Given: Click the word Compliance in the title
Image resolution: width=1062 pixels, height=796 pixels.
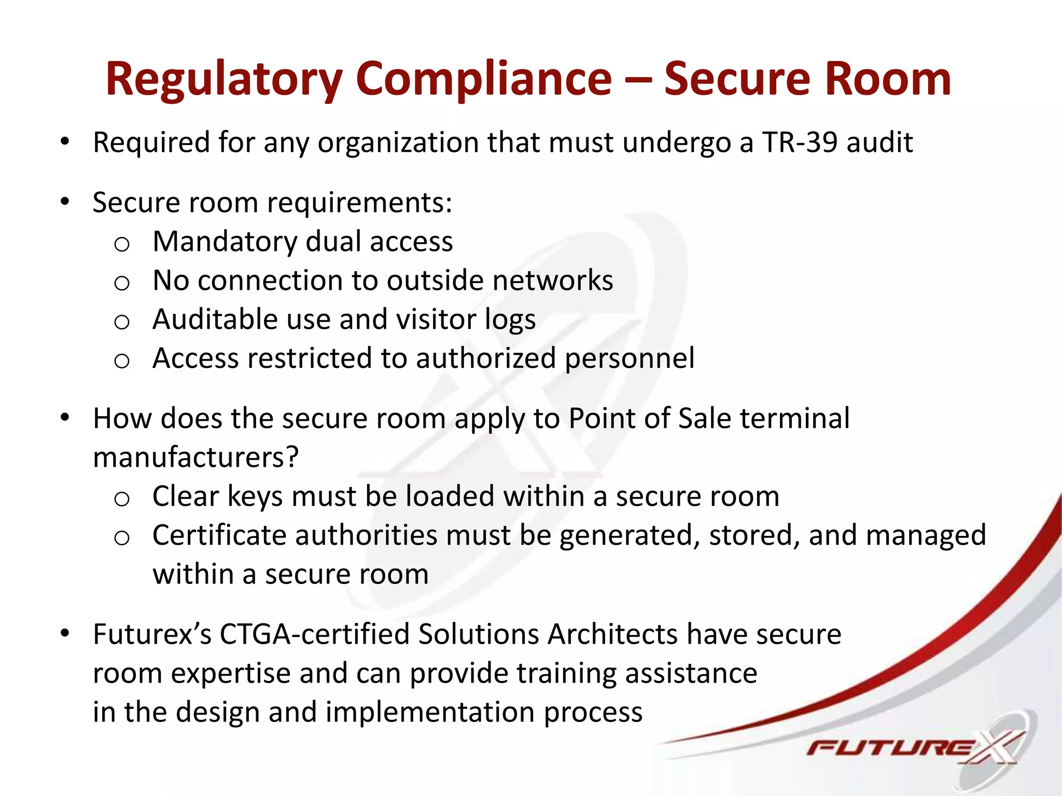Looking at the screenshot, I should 484,80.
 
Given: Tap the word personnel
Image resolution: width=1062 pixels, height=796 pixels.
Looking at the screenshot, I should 630,359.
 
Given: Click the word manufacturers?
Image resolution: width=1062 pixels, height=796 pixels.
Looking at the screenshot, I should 196,458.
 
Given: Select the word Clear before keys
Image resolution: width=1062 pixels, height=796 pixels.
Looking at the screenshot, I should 186,496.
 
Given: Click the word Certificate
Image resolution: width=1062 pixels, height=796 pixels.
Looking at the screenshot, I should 219,535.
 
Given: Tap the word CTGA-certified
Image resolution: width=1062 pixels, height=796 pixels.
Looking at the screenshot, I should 314,634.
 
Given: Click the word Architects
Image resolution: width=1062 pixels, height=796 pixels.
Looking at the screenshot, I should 612,634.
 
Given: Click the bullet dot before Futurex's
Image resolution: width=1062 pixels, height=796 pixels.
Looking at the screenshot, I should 64,633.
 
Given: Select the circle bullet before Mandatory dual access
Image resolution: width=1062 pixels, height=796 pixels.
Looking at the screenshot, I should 121,244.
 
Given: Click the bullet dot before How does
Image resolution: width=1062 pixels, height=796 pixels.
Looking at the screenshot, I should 64,418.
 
